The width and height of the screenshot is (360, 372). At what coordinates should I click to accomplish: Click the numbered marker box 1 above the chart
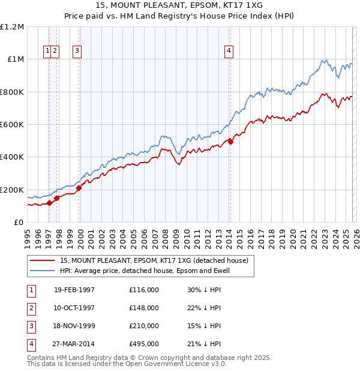[47, 52]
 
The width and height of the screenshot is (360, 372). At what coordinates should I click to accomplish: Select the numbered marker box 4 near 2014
[229, 52]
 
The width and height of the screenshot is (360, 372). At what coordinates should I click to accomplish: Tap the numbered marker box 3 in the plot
[77, 52]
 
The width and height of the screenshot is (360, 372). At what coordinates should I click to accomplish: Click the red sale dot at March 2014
[230, 142]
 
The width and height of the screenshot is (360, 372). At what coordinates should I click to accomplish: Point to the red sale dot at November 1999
[79, 188]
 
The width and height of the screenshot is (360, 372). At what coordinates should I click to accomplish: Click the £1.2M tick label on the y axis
[12, 27]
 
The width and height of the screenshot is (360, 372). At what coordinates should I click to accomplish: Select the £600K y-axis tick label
[12, 125]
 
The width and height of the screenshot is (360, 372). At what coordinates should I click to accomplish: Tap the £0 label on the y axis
[17, 223]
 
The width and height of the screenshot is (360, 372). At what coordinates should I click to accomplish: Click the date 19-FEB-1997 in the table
[74, 290]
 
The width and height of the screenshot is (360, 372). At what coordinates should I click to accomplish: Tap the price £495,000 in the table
[144, 344]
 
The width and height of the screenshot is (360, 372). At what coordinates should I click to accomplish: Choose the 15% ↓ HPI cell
[204, 326]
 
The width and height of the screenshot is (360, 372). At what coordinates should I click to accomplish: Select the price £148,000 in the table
[144, 308]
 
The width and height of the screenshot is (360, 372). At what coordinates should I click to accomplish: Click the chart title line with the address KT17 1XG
[179, 5]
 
